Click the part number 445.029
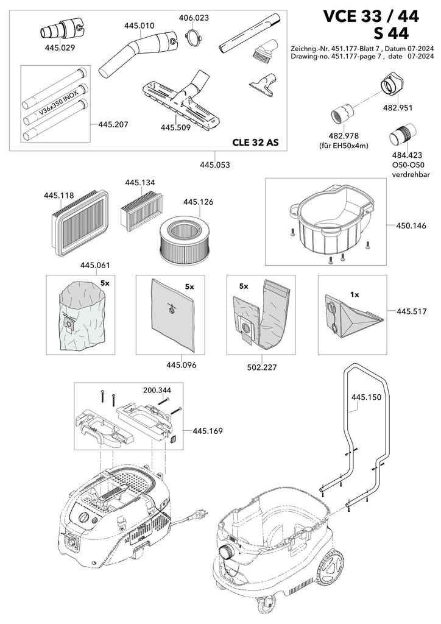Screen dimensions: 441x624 [x=60, y=48]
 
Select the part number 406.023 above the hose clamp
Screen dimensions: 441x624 [x=194, y=18]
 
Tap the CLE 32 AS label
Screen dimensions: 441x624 [x=255, y=143]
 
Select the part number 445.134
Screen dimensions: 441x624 [x=140, y=183]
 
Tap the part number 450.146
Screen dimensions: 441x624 [x=411, y=225]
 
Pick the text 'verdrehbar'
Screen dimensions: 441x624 [x=411, y=174]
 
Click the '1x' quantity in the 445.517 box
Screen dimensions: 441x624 [x=355, y=295]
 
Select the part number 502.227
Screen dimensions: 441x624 [x=261, y=367]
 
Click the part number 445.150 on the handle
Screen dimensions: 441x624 [x=366, y=397]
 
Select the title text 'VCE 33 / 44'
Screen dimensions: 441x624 [x=370, y=16]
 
